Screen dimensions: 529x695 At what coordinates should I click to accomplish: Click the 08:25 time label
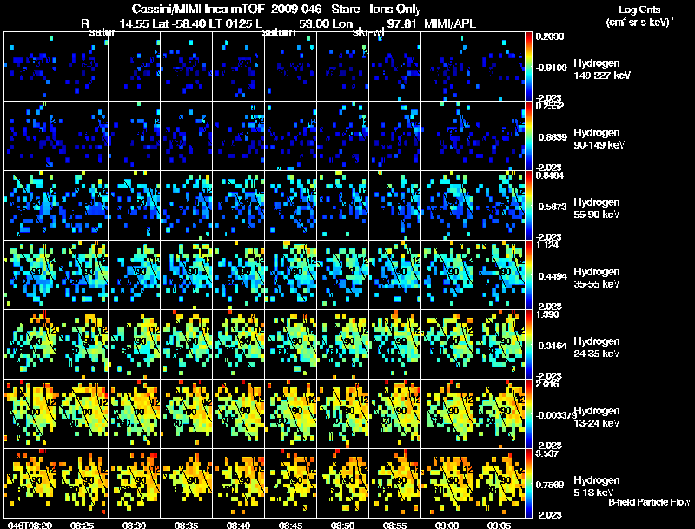coord(83,525)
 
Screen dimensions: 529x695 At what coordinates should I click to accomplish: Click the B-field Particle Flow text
coord(648,502)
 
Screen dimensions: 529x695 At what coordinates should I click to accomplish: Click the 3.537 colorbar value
coord(547,453)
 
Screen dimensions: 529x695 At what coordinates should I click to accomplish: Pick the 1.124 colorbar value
coord(547,245)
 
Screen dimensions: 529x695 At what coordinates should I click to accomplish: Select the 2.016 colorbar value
coord(547,384)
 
